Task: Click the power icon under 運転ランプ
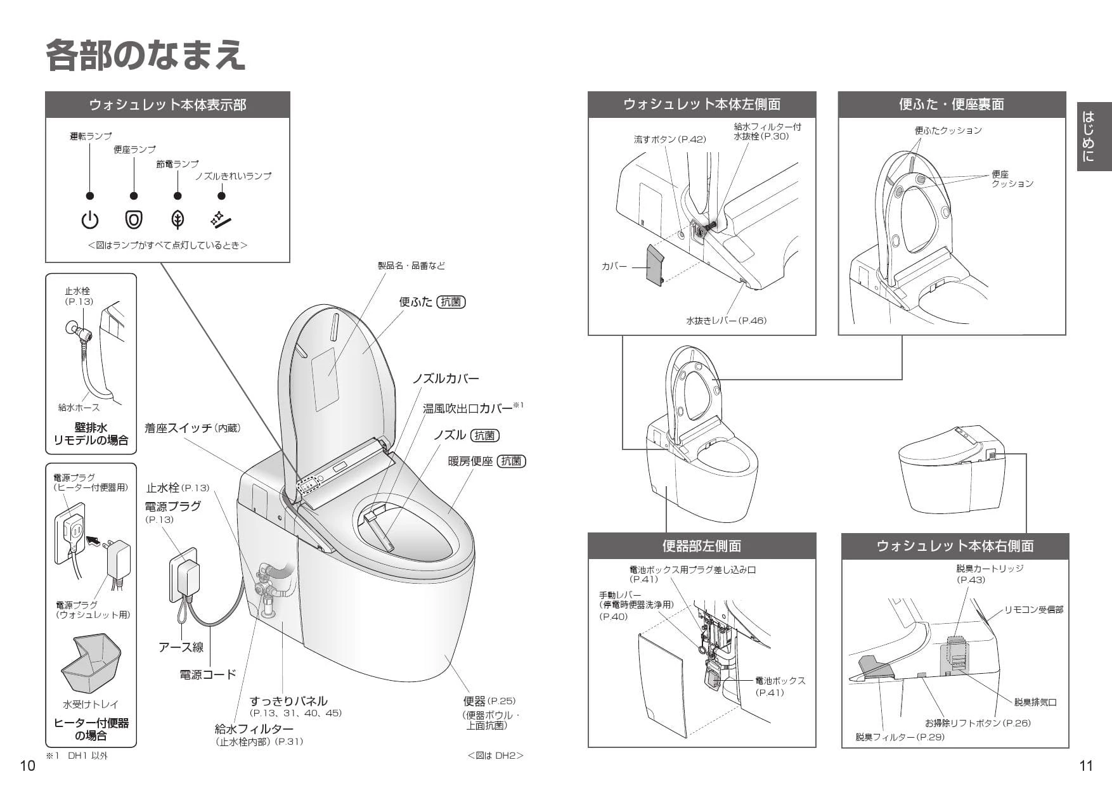90,220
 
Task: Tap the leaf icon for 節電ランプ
178,220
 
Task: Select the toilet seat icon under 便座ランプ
134,220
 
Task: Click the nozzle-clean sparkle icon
221,219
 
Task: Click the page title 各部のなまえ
146,55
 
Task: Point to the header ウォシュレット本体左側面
701,105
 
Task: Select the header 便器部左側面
701,546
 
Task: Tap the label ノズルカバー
446,379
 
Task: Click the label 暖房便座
470,461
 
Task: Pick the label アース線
181,647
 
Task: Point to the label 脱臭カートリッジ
989,569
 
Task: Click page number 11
1085,766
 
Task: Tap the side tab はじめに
1094,136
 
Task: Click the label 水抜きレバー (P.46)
726,321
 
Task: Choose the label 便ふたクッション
948,131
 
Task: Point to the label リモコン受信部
1033,610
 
